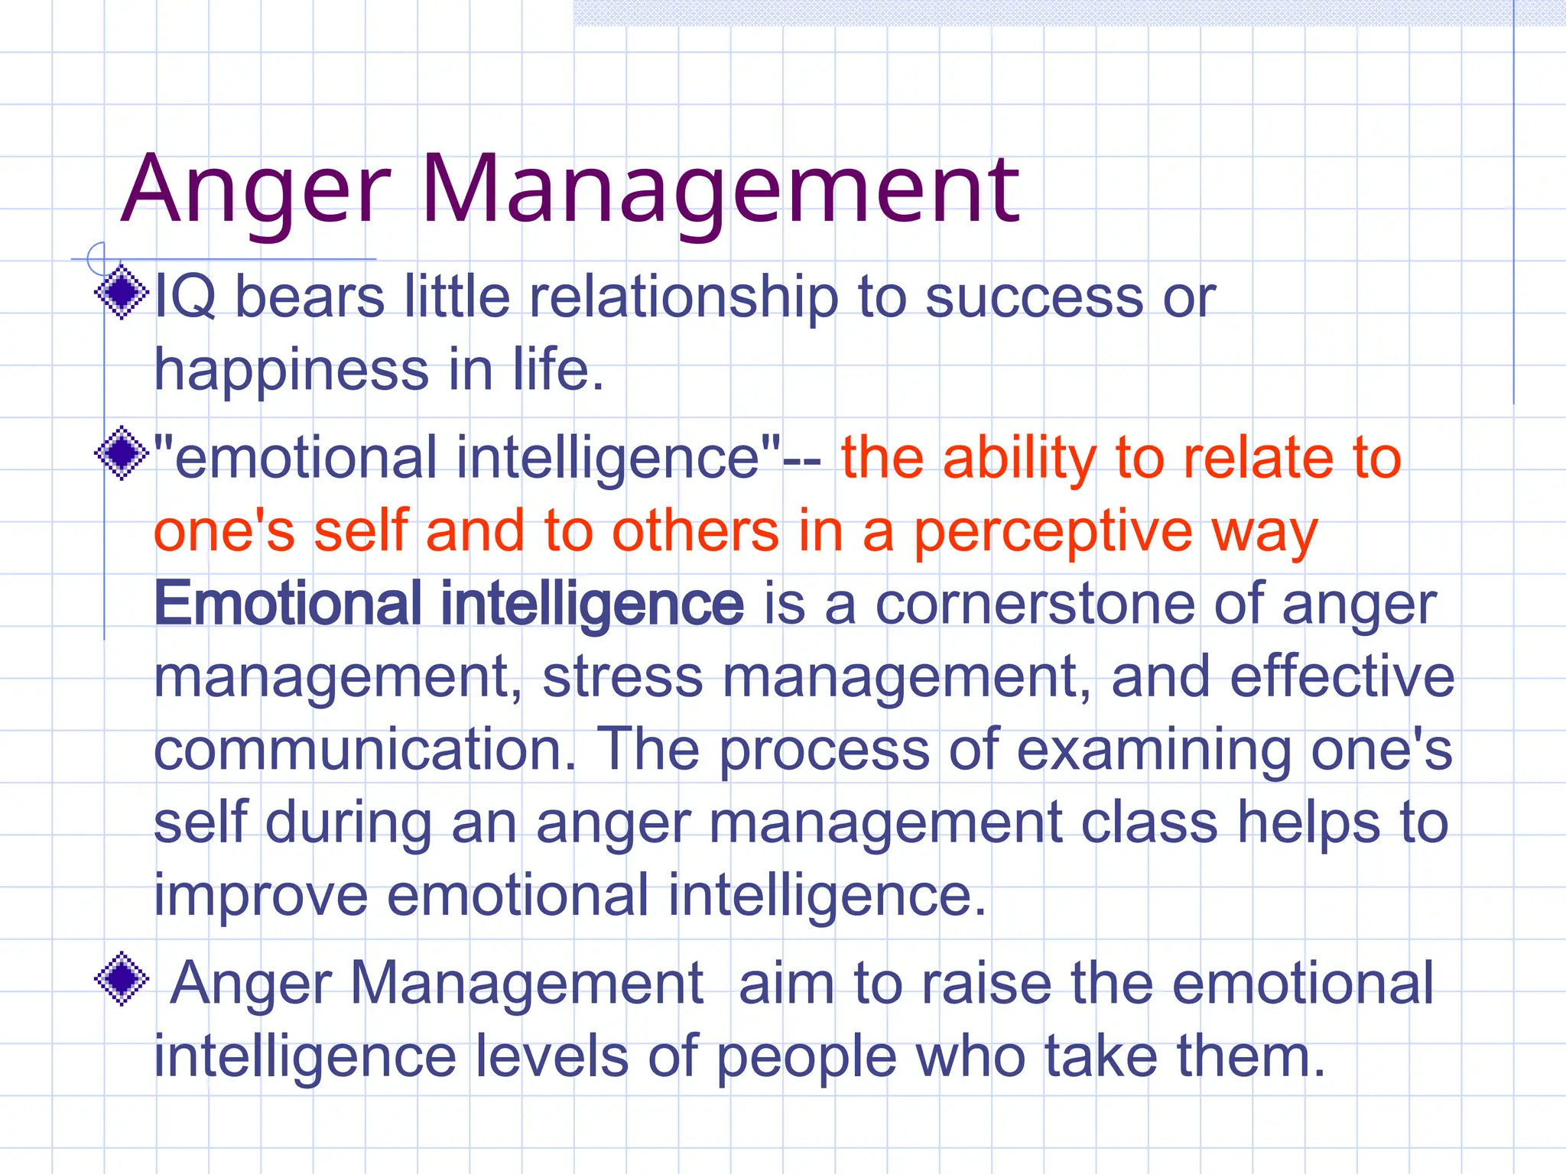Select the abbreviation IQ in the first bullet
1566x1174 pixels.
coord(185,297)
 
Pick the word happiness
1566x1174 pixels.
coord(291,372)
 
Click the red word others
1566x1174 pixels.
coord(694,531)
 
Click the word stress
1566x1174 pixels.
coord(622,677)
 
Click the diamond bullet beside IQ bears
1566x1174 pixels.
coord(122,292)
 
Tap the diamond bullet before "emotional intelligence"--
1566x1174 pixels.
coord(122,454)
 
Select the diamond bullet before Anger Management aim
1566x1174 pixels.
coord(122,978)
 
